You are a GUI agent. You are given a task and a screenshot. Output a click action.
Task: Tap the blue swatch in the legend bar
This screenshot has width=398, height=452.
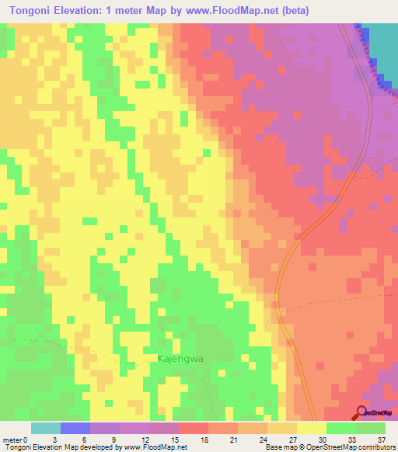[75, 428]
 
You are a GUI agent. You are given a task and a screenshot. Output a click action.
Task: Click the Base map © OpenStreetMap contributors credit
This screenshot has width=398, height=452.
[329, 448]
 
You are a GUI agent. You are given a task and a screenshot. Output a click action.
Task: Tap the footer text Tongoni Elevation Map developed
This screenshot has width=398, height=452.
[54, 448]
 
